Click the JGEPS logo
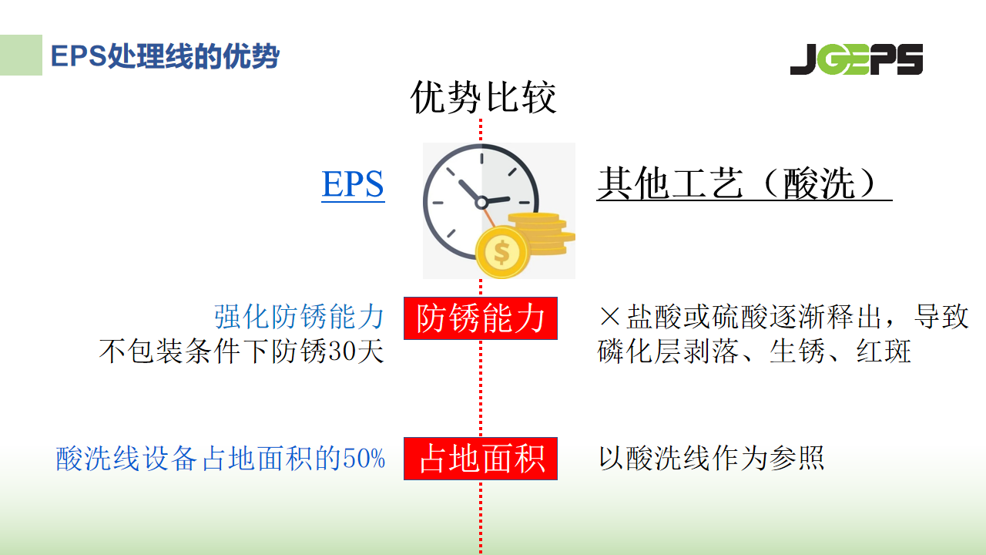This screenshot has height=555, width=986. point(857,59)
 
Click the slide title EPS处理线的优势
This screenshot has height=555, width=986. point(165,56)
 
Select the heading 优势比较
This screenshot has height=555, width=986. point(483,97)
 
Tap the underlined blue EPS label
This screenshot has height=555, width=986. point(353,184)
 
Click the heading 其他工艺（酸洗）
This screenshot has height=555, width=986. point(744,183)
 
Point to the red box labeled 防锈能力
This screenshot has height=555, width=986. point(481,318)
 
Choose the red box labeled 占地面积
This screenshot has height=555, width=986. point(481,459)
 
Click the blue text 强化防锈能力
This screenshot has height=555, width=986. point(300,317)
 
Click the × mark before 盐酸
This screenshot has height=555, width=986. point(609,316)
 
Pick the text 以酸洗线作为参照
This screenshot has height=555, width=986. point(711,458)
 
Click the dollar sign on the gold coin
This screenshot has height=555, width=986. point(501,252)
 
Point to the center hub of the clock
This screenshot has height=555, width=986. point(481,203)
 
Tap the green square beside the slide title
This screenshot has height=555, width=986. point(21,55)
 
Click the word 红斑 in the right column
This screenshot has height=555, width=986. point(884,352)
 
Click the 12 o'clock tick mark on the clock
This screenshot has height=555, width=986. point(481,159)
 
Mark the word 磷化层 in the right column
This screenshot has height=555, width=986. point(639,352)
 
